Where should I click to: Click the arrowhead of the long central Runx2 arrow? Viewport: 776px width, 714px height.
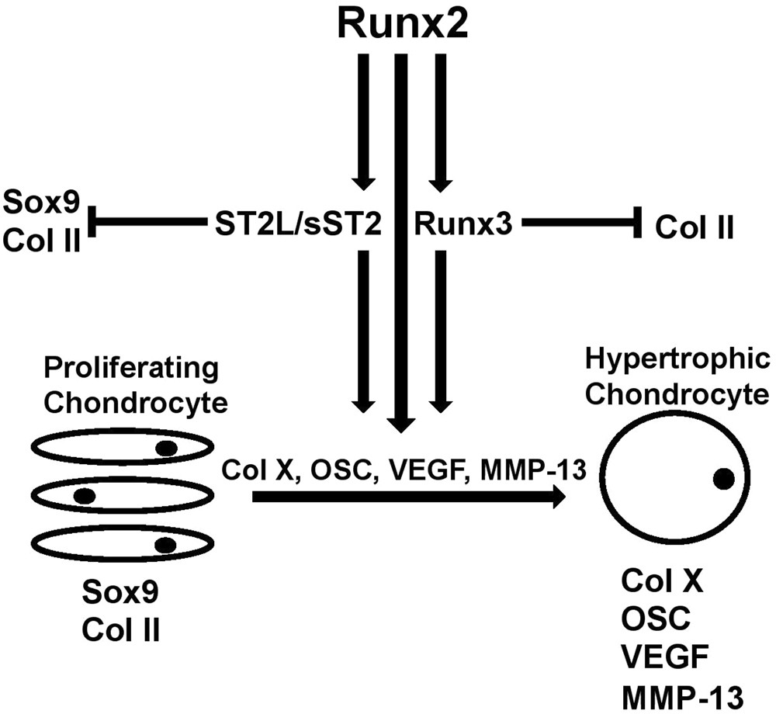(x=401, y=423)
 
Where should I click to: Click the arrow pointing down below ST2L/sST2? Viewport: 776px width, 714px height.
(x=362, y=334)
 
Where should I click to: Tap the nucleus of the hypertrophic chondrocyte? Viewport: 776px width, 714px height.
(x=724, y=480)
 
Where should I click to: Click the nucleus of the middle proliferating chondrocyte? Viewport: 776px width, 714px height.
(x=85, y=494)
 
